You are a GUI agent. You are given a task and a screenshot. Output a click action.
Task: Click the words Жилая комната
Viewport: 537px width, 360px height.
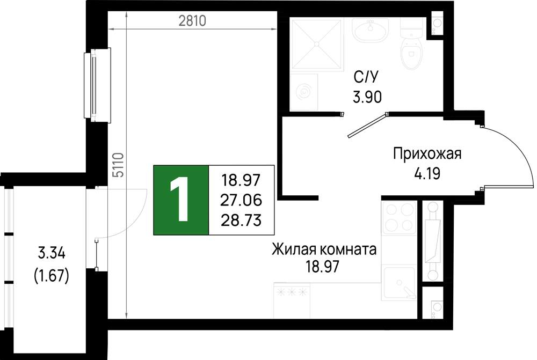[324, 249]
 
